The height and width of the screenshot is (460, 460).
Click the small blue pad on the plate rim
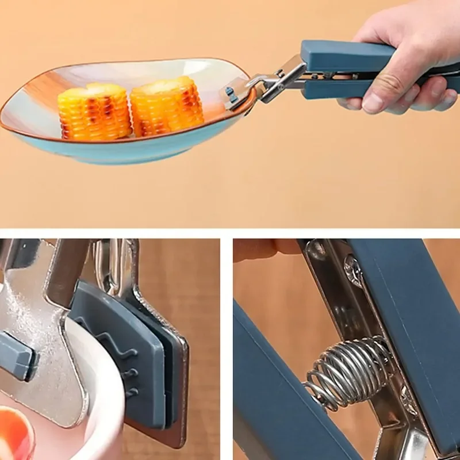tap(231, 95)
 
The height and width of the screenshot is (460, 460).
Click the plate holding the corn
tap(115, 144)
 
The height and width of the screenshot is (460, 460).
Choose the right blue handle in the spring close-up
tap(414, 322)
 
